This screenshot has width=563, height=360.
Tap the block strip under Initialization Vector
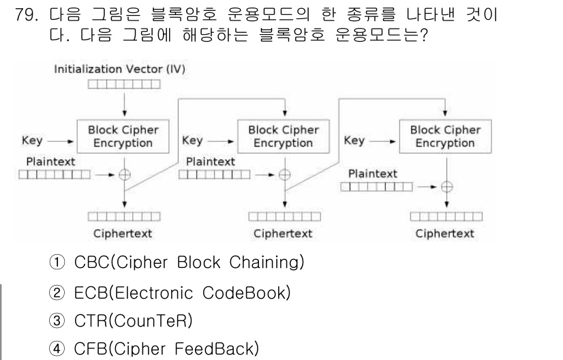click(x=124, y=85)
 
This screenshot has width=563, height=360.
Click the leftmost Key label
click(x=32, y=141)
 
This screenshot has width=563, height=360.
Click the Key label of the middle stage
click(x=193, y=141)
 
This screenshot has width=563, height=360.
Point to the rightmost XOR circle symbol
click(x=446, y=186)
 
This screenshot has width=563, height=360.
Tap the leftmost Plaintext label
click(x=51, y=162)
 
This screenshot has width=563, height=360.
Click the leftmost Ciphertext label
click(x=123, y=234)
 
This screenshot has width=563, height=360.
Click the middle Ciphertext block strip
click(x=284, y=217)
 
